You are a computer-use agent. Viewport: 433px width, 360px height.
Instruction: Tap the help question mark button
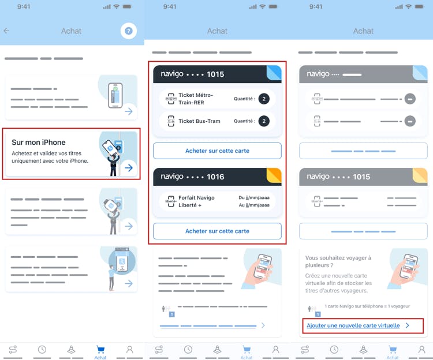click(x=128, y=31)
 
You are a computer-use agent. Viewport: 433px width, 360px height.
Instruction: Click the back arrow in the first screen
click(x=6, y=31)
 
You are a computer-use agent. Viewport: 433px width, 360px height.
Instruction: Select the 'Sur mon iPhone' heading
click(x=39, y=142)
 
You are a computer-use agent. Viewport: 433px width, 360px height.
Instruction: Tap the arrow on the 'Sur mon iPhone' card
click(x=129, y=168)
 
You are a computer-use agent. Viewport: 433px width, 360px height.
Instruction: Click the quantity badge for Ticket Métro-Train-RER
click(x=264, y=99)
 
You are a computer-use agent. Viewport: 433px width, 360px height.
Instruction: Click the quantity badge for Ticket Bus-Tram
click(x=264, y=121)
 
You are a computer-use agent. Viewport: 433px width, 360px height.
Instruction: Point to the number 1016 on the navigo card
click(x=215, y=177)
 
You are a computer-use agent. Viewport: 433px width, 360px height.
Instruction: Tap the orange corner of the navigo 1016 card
click(x=274, y=175)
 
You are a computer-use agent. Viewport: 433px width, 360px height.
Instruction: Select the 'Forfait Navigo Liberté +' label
click(x=196, y=201)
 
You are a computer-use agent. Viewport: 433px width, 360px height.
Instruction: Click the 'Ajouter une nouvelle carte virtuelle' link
click(x=353, y=325)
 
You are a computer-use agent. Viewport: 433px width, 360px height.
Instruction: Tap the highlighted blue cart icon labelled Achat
click(x=100, y=350)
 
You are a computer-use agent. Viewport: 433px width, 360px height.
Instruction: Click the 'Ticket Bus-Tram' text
click(x=199, y=121)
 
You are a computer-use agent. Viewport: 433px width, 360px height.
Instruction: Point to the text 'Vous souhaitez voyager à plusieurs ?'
click(x=338, y=261)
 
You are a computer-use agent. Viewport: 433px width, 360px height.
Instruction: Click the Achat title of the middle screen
click(x=217, y=31)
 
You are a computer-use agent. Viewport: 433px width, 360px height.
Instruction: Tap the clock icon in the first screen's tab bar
click(x=42, y=350)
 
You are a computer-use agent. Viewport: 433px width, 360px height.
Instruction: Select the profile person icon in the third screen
click(x=421, y=350)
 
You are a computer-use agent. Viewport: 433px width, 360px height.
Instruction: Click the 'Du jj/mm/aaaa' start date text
click(x=254, y=198)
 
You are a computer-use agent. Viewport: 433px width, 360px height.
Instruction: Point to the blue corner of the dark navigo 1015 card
click(x=274, y=73)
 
